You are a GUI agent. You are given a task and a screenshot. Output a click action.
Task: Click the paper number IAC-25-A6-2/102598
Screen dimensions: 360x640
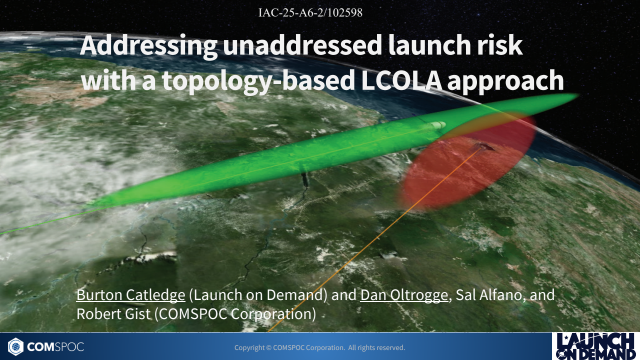[x=310, y=13]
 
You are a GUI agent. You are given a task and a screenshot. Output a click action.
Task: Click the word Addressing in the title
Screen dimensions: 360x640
[x=148, y=46]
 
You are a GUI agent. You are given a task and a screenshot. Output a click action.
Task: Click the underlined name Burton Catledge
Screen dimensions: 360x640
[x=130, y=295]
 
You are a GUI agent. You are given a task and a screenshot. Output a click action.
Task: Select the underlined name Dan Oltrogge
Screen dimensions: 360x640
[x=404, y=295]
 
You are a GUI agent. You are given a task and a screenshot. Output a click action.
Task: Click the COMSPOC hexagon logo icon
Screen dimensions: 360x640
[x=15, y=346]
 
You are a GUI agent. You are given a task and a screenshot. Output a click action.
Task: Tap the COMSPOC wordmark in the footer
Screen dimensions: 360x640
[x=55, y=346]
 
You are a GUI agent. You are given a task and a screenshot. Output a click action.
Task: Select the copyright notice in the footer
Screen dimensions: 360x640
[x=319, y=347]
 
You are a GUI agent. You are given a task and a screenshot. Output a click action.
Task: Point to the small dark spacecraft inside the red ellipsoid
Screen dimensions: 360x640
[x=483, y=146]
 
